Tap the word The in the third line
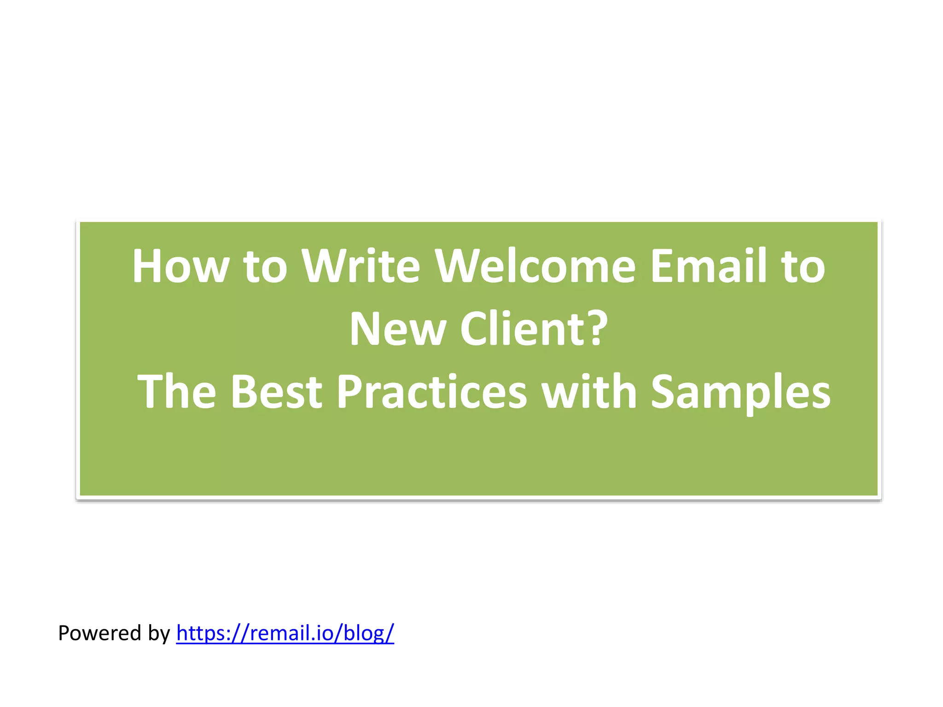[177, 392]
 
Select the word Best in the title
[276, 392]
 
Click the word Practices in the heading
[432, 392]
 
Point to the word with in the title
[589, 392]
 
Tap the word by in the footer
[159, 634]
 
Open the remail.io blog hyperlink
[285, 633]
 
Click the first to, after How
[265, 267]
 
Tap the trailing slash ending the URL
[390, 633]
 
